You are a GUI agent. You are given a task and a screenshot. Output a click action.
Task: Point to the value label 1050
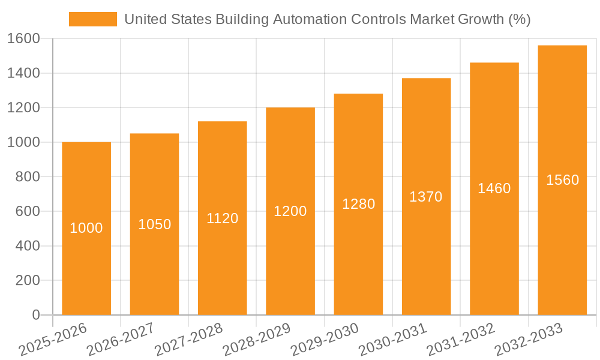155,224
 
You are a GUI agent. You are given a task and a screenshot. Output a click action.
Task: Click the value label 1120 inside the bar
223,218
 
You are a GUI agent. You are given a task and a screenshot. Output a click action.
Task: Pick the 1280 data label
359,204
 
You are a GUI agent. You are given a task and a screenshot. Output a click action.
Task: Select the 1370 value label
426,196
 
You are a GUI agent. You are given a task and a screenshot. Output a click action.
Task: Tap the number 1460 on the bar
494,188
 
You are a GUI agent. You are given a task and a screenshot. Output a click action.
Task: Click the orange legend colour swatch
93,19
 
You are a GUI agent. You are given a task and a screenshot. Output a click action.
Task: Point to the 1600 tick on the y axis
23,38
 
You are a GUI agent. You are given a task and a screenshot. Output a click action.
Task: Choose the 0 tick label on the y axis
35,315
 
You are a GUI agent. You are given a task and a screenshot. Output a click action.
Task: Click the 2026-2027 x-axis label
120,339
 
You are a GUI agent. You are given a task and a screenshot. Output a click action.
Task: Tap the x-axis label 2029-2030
324,339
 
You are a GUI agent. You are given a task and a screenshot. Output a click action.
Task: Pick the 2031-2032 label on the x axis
460,339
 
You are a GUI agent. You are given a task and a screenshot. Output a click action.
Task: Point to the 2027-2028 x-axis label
188,339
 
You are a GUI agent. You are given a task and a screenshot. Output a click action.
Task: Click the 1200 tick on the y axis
23,107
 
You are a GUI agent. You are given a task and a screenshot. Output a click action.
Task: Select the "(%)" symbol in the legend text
520,19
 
